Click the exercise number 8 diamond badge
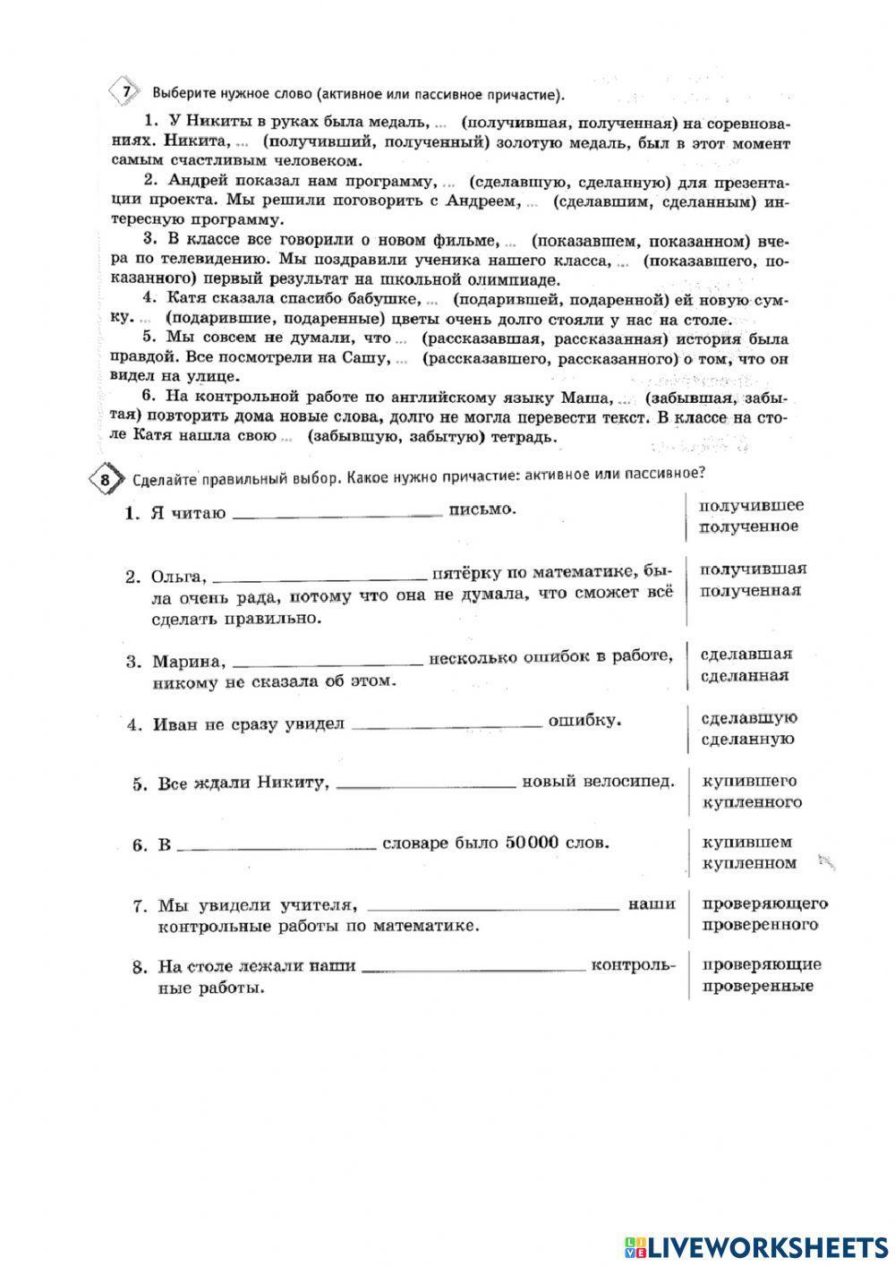107,481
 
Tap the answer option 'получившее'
751,506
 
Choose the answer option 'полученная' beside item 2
750,591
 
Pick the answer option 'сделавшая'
746,654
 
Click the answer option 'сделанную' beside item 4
748,740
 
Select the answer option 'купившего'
749,782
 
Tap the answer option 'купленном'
749,864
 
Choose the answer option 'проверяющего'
764,903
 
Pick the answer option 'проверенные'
758,987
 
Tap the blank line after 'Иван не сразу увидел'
447,725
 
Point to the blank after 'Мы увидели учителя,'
493,907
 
